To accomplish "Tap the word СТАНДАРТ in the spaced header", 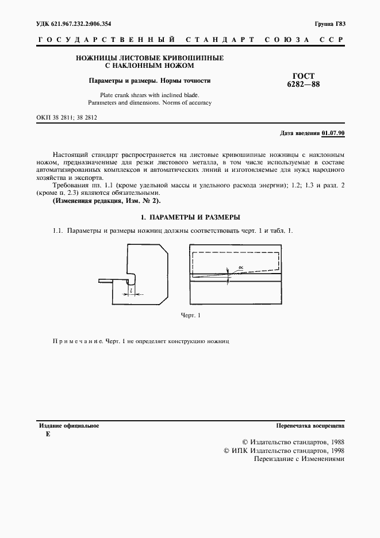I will click(x=220, y=40).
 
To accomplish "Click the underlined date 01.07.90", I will click(x=333, y=133).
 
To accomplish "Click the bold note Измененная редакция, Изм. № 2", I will click(x=107, y=201).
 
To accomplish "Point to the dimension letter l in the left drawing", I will click(x=132, y=291).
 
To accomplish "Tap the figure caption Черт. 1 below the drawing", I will click(x=190, y=316).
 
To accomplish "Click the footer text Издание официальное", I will click(x=68, y=426).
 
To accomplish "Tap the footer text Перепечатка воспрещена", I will click(x=310, y=426).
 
